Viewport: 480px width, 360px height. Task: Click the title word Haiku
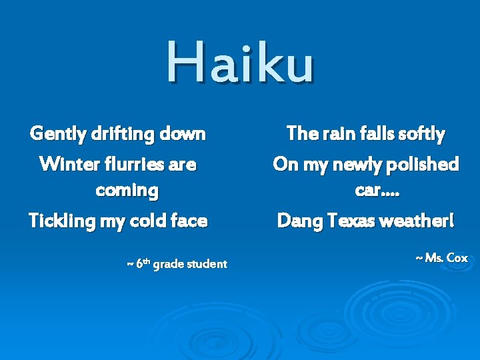[239, 62]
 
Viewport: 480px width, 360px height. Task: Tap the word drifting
[125, 134]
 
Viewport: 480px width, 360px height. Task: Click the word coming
[127, 190]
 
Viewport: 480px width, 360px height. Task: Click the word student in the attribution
[206, 264]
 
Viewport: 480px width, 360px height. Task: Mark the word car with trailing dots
[377, 190]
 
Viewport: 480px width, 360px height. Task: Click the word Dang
[299, 221]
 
